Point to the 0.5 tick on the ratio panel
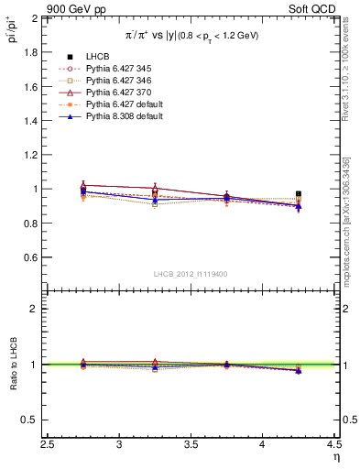[31, 420]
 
